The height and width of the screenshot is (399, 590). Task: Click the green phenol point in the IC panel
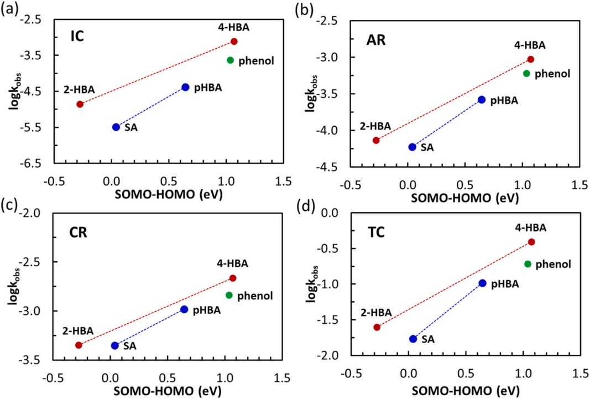(x=231, y=60)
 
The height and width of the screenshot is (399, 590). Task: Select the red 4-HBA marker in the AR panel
(x=531, y=59)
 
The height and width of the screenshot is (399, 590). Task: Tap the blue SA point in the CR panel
(x=115, y=345)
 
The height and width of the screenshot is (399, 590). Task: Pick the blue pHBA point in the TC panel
(x=482, y=283)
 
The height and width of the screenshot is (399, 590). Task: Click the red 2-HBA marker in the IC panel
(x=80, y=104)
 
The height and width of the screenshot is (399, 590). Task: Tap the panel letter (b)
(x=305, y=9)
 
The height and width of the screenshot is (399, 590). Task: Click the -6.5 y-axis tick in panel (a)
(x=37, y=164)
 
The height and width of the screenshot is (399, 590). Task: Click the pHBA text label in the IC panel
(x=207, y=87)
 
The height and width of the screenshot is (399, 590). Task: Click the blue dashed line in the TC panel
(x=448, y=310)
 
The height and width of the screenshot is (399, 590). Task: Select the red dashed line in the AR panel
(x=453, y=100)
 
